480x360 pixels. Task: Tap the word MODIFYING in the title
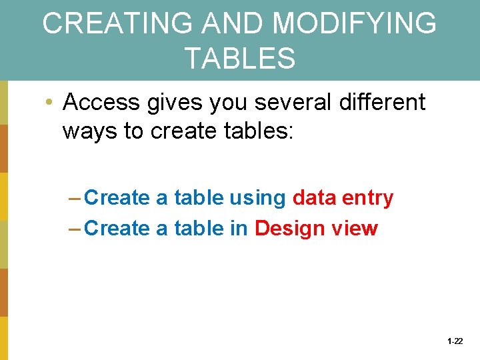(355, 24)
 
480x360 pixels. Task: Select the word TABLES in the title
(240, 58)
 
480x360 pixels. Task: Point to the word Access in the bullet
(101, 103)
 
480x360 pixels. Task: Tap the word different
(385, 103)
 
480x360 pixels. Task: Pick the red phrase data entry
(343, 198)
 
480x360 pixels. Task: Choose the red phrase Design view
(316, 229)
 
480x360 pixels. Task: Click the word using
(257, 198)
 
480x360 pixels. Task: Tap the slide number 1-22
(455, 341)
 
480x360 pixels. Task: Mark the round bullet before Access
(49, 103)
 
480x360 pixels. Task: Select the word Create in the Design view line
(118, 229)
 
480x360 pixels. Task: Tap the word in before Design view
(239, 229)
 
